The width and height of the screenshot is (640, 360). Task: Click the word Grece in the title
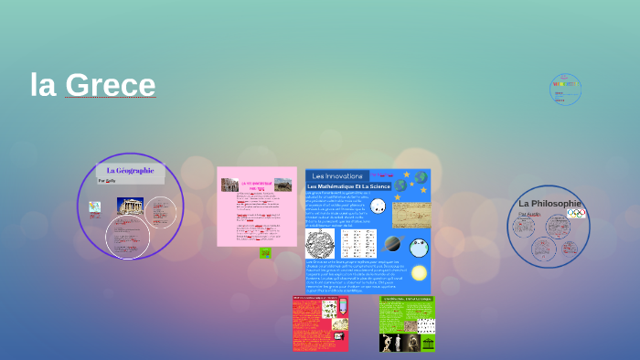tap(111, 85)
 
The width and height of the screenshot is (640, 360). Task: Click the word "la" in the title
tap(43, 85)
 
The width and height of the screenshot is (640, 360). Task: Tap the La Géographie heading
tap(130, 171)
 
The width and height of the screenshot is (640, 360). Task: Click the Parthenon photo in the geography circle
tap(129, 207)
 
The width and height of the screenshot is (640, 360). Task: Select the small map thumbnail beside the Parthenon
tap(95, 207)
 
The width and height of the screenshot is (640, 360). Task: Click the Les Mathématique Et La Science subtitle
tap(348, 186)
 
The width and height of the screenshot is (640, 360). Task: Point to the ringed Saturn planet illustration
tap(393, 243)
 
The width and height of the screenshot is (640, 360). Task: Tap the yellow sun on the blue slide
tap(419, 273)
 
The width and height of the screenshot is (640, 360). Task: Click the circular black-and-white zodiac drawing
tap(320, 243)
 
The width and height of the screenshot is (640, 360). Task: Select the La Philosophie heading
tap(549, 203)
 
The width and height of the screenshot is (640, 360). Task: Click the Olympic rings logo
tap(575, 214)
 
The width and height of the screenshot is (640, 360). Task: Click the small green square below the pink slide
tap(265, 253)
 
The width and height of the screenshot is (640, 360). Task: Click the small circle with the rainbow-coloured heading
tap(566, 89)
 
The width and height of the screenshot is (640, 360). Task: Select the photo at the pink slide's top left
tap(229, 185)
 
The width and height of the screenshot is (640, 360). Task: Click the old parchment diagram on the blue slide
tap(411, 215)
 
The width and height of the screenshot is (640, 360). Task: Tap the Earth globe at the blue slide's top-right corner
tap(421, 177)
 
